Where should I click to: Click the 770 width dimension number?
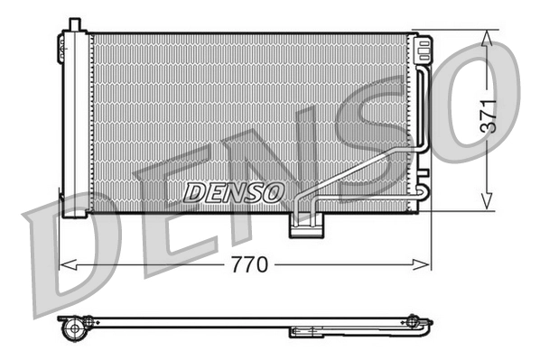coord(250,265)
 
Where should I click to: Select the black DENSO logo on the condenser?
coord(234,191)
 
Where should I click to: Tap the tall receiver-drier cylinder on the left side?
coord(74,122)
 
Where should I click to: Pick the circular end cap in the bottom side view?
coord(73,328)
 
